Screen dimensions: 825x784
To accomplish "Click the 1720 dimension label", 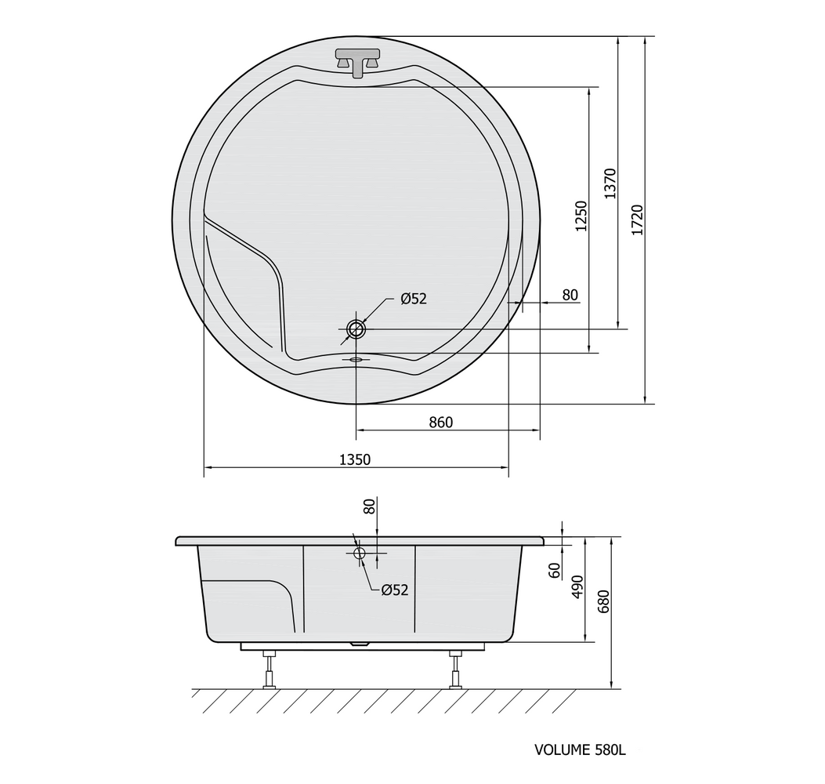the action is click(x=637, y=220).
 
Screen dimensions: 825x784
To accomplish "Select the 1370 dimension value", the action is click(x=610, y=183).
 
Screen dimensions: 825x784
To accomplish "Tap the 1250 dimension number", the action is click(x=581, y=216).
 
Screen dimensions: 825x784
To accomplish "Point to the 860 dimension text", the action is click(x=440, y=423).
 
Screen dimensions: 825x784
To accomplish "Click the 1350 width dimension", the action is click(x=355, y=459).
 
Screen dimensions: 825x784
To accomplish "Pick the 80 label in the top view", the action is click(x=570, y=295).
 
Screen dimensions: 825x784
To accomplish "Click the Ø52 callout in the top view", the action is click(x=414, y=299).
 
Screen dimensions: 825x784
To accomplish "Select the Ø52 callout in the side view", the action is click(x=395, y=590).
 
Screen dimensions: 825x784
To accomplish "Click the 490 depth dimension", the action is click(x=577, y=586).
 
